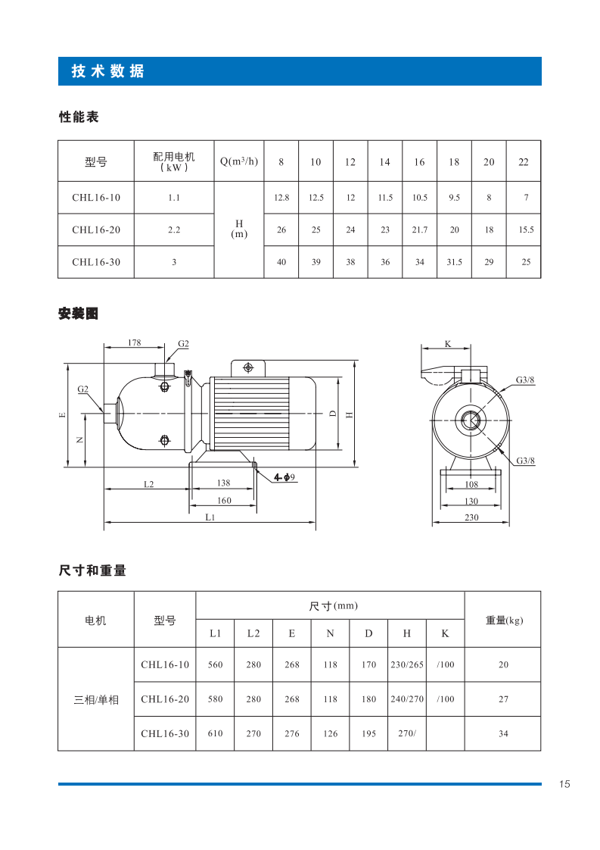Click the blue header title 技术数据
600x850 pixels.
click(x=107, y=72)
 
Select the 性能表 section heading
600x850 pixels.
click(x=79, y=117)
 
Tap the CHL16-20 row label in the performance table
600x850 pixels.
click(x=96, y=230)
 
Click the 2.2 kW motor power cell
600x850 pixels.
click(x=174, y=230)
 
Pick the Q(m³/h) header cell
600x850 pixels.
click(x=239, y=161)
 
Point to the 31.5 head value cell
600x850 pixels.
click(x=454, y=262)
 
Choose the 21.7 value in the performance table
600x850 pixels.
click(x=419, y=230)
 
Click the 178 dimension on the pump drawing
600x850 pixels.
click(x=134, y=343)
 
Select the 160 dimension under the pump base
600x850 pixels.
click(x=224, y=501)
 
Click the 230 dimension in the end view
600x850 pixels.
click(x=471, y=517)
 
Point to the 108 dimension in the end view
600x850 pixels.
click(x=471, y=484)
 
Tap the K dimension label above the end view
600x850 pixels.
click(x=447, y=344)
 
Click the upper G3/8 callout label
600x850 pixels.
click(x=525, y=380)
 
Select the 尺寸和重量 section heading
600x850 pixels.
click(x=92, y=571)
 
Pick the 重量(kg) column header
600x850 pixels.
click(x=503, y=620)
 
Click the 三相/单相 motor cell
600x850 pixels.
click(x=96, y=699)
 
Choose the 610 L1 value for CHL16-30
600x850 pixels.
click(x=216, y=733)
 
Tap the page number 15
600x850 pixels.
click(x=564, y=784)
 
